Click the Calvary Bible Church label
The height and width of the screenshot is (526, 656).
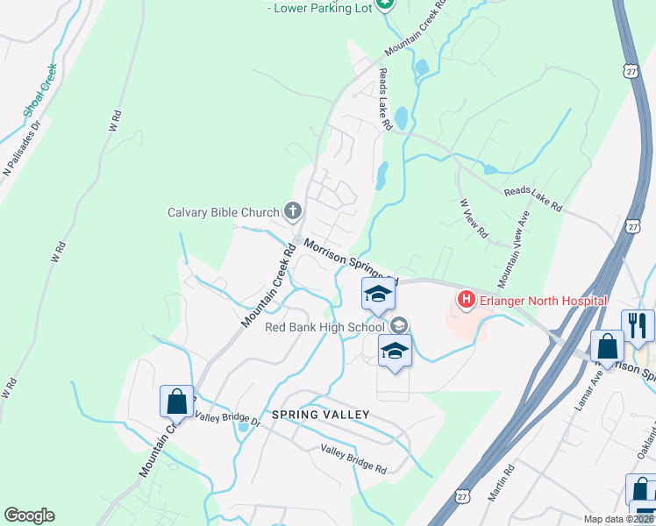224,211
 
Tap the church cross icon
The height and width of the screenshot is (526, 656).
292,211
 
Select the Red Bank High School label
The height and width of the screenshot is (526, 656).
325,328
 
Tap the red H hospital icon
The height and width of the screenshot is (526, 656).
466,302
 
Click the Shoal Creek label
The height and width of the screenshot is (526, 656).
40,90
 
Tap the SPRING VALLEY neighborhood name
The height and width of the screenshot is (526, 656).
320,414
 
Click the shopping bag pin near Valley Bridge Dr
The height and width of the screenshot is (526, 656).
176,401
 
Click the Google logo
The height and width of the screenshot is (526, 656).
29,515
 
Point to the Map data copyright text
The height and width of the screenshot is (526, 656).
617,519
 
